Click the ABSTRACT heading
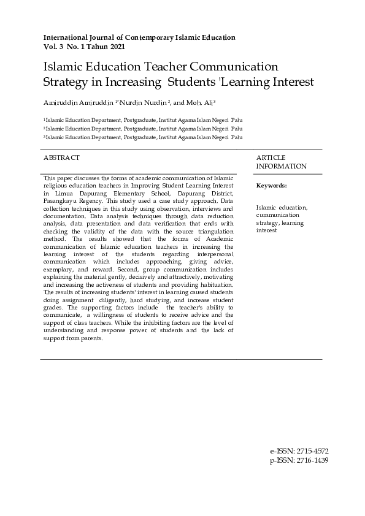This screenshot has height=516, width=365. pos(61,158)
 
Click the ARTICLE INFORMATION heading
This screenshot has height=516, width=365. pos(281,162)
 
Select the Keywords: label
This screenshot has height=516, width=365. pos(271,186)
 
